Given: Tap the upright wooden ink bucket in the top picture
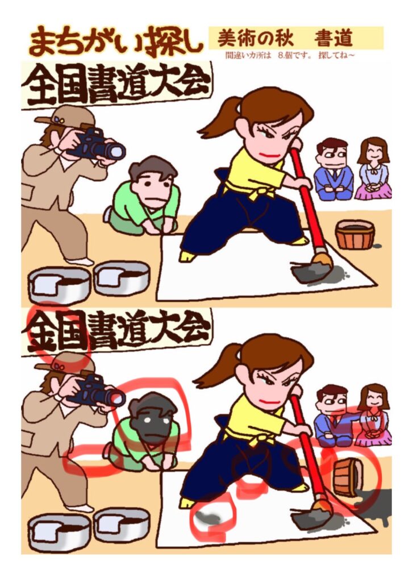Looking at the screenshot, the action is click(x=354, y=235).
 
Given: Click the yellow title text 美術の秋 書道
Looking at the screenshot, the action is click(x=285, y=38).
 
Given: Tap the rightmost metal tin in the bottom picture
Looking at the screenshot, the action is click(x=122, y=526).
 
